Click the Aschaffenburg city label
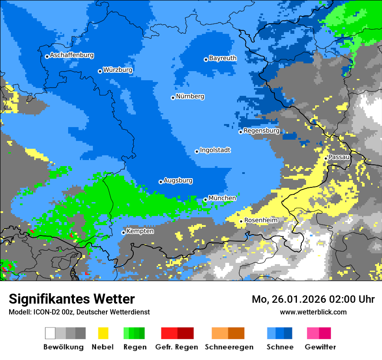(x=72, y=56)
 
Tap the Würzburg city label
(x=118, y=70)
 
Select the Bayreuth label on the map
(x=223, y=58)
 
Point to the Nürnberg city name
(x=190, y=97)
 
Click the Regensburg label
(x=261, y=131)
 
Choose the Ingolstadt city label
(x=215, y=151)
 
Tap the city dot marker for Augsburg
(x=161, y=182)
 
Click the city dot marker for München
(x=205, y=200)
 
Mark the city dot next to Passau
(x=326, y=158)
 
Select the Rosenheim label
(x=260, y=220)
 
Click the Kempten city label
(x=140, y=231)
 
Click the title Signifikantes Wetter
(x=72, y=299)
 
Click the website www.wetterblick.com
(x=313, y=312)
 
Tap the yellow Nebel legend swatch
(x=103, y=333)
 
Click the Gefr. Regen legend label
(x=177, y=347)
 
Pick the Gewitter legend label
(x=320, y=347)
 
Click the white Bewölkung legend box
(x=50, y=333)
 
